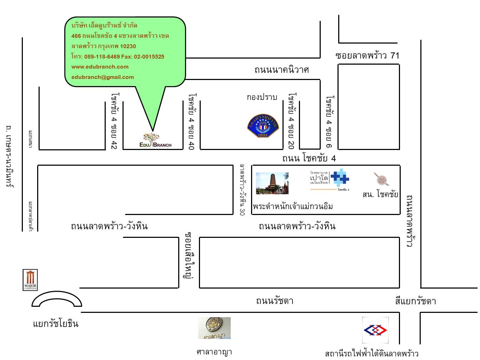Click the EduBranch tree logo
coord(155,140)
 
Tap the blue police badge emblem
coord(263,126)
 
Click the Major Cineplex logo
coord(30,280)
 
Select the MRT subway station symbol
coord(375,330)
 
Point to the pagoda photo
coord(272,183)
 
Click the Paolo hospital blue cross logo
coord(339,177)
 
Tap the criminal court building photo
coord(214,328)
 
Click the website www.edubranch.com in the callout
coord(100,67)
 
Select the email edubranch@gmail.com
coord(102,77)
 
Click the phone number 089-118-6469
coord(102,56)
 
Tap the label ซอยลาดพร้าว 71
coord(367,55)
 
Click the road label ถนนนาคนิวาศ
coord(281,70)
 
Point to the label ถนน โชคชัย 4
coord(309,158)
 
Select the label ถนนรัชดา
coord(275,301)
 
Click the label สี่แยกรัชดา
coord(415,301)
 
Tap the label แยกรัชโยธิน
coord(56,324)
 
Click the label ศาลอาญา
coord(214,352)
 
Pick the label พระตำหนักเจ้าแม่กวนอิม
coord(293,206)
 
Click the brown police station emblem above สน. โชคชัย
coord(381,179)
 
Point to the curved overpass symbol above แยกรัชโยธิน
coord(57,299)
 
